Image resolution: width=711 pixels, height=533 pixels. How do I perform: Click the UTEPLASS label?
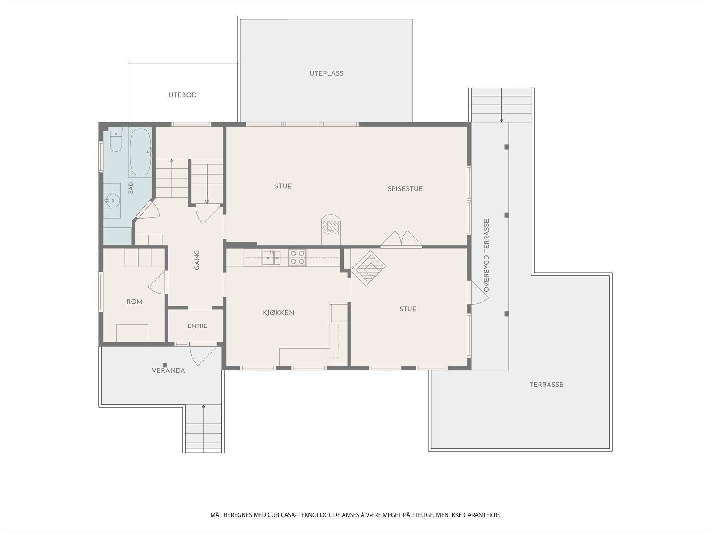[x=326, y=73]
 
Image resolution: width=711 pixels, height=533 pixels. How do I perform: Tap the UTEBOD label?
[x=183, y=95]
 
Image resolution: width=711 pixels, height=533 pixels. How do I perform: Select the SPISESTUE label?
[x=405, y=189]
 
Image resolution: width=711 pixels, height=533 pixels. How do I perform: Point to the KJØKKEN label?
[x=279, y=313]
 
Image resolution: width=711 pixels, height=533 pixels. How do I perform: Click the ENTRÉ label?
[x=198, y=326]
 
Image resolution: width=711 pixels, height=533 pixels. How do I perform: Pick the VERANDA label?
[x=168, y=370]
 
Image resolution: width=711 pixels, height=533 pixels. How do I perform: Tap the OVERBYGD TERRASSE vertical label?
[x=486, y=256]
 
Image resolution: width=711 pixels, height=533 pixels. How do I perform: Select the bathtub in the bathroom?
[x=140, y=152]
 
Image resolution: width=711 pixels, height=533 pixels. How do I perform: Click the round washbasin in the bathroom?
[x=112, y=201]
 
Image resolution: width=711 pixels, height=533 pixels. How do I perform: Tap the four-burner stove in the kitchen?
[x=297, y=257]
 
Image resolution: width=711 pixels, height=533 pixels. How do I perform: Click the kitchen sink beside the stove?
[x=272, y=258]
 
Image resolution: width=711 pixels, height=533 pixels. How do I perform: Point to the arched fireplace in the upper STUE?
[x=331, y=229]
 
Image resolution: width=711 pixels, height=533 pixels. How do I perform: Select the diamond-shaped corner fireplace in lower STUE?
[x=368, y=268]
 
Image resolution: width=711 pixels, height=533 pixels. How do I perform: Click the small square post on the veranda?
[x=165, y=365]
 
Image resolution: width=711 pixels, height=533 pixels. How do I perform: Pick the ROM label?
[x=135, y=302]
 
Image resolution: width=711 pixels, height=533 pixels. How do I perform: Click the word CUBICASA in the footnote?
[x=281, y=515]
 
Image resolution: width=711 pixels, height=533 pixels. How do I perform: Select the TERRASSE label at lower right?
[x=547, y=385]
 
